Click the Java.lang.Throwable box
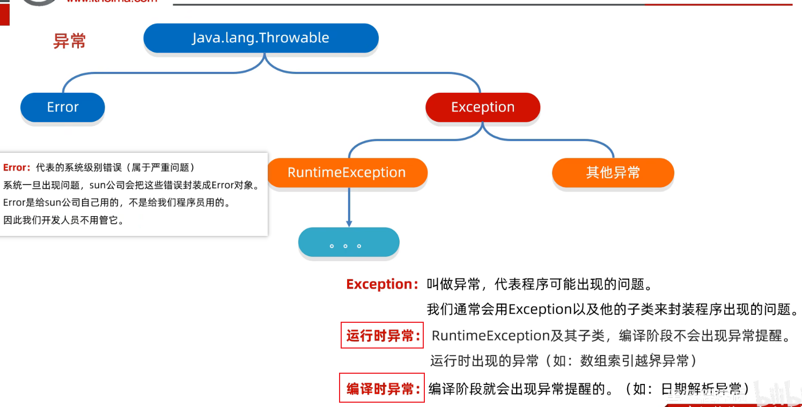click(x=261, y=38)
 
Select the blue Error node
click(x=63, y=107)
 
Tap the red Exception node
click(x=482, y=107)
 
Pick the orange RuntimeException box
click(x=347, y=173)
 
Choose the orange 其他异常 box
click(x=613, y=173)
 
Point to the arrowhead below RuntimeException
click(x=349, y=223)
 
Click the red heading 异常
click(x=70, y=41)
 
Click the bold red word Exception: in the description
click(x=382, y=284)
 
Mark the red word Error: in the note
click(x=17, y=168)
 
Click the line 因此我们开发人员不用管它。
click(x=63, y=220)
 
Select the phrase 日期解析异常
click(x=703, y=389)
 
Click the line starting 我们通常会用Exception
click(x=612, y=309)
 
